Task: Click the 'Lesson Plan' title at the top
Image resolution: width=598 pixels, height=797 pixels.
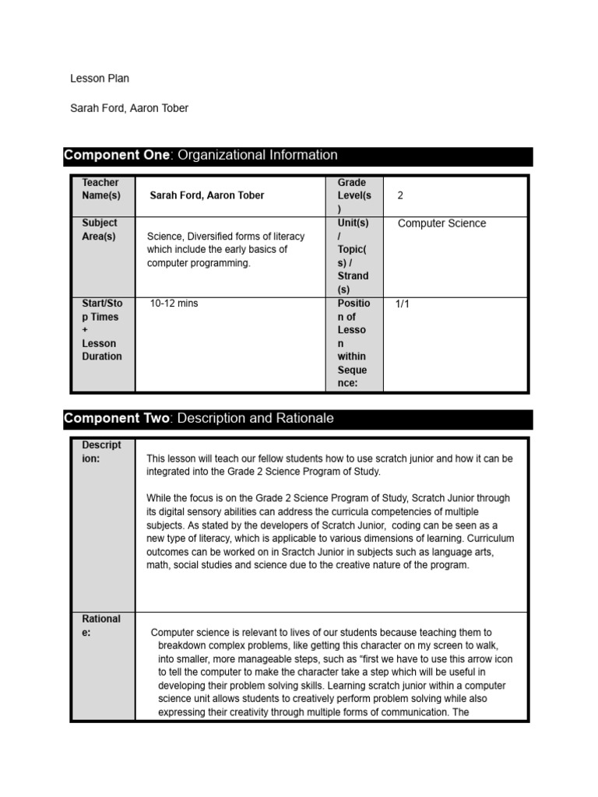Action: click(100, 79)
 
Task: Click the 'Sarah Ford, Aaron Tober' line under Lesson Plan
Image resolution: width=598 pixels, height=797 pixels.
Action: click(129, 108)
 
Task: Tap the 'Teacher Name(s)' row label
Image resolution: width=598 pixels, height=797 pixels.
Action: click(101, 189)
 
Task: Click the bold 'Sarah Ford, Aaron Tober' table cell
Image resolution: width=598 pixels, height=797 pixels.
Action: click(206, 195)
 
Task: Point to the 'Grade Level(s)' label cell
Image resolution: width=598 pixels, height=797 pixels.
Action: click(352, 195)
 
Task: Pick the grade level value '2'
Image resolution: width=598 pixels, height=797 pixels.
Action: click(400, 195)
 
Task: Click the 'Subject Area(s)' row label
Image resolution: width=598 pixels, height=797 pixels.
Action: click(100, 230)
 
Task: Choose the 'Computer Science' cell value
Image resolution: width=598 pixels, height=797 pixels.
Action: click(441, 223)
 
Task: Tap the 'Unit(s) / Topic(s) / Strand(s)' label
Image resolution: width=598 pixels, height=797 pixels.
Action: click(353, 256)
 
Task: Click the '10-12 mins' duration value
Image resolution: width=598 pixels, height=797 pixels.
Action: click(174, 304)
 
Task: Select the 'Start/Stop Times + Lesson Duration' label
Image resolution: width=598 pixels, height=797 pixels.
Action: click(102, 330)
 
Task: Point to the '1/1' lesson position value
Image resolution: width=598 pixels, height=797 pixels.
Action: click(402, 304)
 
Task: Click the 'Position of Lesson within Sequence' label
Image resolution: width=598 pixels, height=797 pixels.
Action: click(353, 343)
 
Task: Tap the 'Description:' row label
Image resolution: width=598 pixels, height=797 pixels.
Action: click(101, 452)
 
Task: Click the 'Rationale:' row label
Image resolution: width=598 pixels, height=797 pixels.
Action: click(101, 626)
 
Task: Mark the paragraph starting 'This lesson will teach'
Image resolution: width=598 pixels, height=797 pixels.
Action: click(329, 465)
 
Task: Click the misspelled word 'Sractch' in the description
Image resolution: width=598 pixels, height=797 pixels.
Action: click(304, 552)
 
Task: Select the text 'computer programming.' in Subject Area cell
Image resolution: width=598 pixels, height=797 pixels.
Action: click(199, 263)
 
